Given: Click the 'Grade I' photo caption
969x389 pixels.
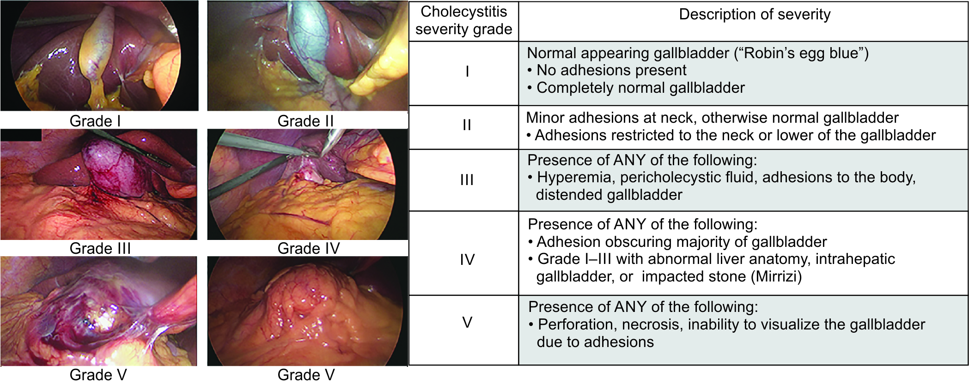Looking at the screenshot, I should tap(95, 121).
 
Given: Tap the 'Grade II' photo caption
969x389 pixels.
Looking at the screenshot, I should tap(305, 121).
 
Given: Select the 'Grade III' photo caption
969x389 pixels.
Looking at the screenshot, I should tap(100, 248).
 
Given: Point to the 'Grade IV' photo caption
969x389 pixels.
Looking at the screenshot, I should tap(308, 248).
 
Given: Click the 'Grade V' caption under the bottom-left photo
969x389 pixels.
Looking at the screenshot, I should tap(98, 375).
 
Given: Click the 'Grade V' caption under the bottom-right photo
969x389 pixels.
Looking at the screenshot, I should tap(306, 375).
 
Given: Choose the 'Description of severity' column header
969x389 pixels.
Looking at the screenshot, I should tap(754, 14).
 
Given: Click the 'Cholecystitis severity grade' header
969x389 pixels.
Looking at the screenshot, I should tap(463, 20).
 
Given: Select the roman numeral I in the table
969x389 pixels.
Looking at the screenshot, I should tap(467, 72).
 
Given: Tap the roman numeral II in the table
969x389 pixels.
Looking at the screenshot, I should tap(467, 125).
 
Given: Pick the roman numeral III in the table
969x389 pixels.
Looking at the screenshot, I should tap(467, 180).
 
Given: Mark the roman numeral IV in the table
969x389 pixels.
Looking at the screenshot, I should tap(467, 259).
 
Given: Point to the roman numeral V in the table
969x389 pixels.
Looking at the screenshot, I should tap(467, 322).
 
